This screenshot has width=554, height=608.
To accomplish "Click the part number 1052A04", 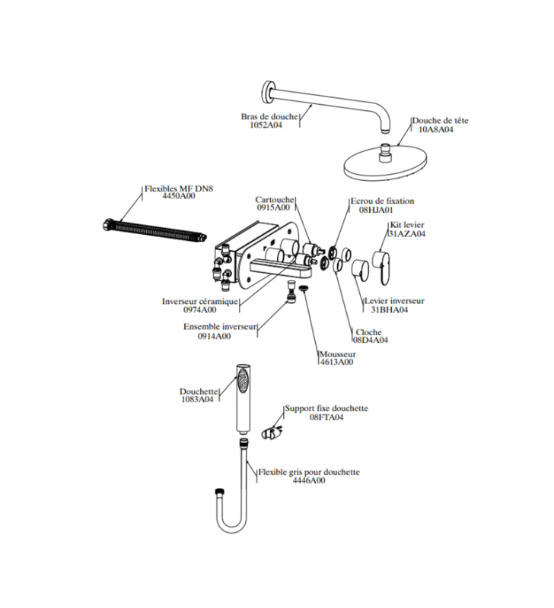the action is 266,125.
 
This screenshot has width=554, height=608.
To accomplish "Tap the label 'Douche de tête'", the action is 441,120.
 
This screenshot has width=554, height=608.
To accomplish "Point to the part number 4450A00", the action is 179,196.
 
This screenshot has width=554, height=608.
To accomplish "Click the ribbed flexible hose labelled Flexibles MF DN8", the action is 155,231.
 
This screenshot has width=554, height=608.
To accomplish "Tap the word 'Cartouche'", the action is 275,200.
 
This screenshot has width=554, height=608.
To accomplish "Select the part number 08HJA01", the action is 376,210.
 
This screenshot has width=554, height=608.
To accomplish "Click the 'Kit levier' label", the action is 407,225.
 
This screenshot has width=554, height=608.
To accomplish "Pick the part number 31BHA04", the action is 390,310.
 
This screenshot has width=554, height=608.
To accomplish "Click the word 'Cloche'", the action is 369,332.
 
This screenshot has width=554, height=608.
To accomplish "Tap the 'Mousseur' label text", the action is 338,354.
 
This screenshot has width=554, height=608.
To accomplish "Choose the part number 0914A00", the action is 215,336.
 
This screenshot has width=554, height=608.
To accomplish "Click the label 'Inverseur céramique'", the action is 200,301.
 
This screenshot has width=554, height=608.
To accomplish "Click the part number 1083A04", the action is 197,400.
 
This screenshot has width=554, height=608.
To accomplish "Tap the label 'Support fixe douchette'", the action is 326,408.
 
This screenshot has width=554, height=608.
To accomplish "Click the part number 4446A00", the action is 309,481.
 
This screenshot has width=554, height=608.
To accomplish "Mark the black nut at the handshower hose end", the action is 218,492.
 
